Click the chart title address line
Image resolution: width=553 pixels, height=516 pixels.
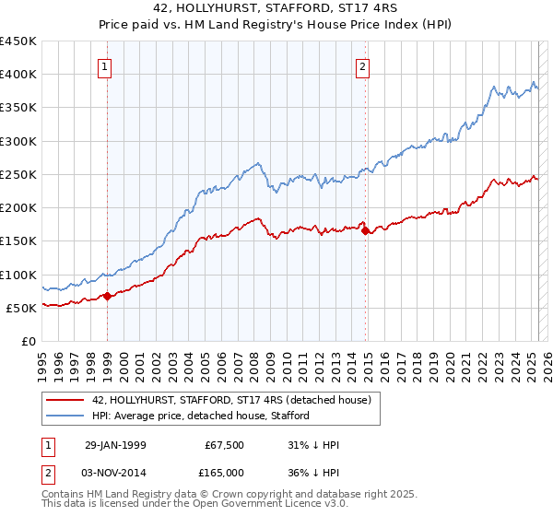coord(276,8)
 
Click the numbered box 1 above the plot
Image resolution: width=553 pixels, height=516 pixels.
coord(106,66)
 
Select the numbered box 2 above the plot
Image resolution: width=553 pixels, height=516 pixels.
coord(363,66)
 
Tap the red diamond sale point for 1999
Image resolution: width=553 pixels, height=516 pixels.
coord(108,296)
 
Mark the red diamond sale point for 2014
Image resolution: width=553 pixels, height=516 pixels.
coord(366,231)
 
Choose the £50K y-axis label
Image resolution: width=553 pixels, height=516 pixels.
coord(22,308)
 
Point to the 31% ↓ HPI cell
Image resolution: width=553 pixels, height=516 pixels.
coord(313,445)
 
